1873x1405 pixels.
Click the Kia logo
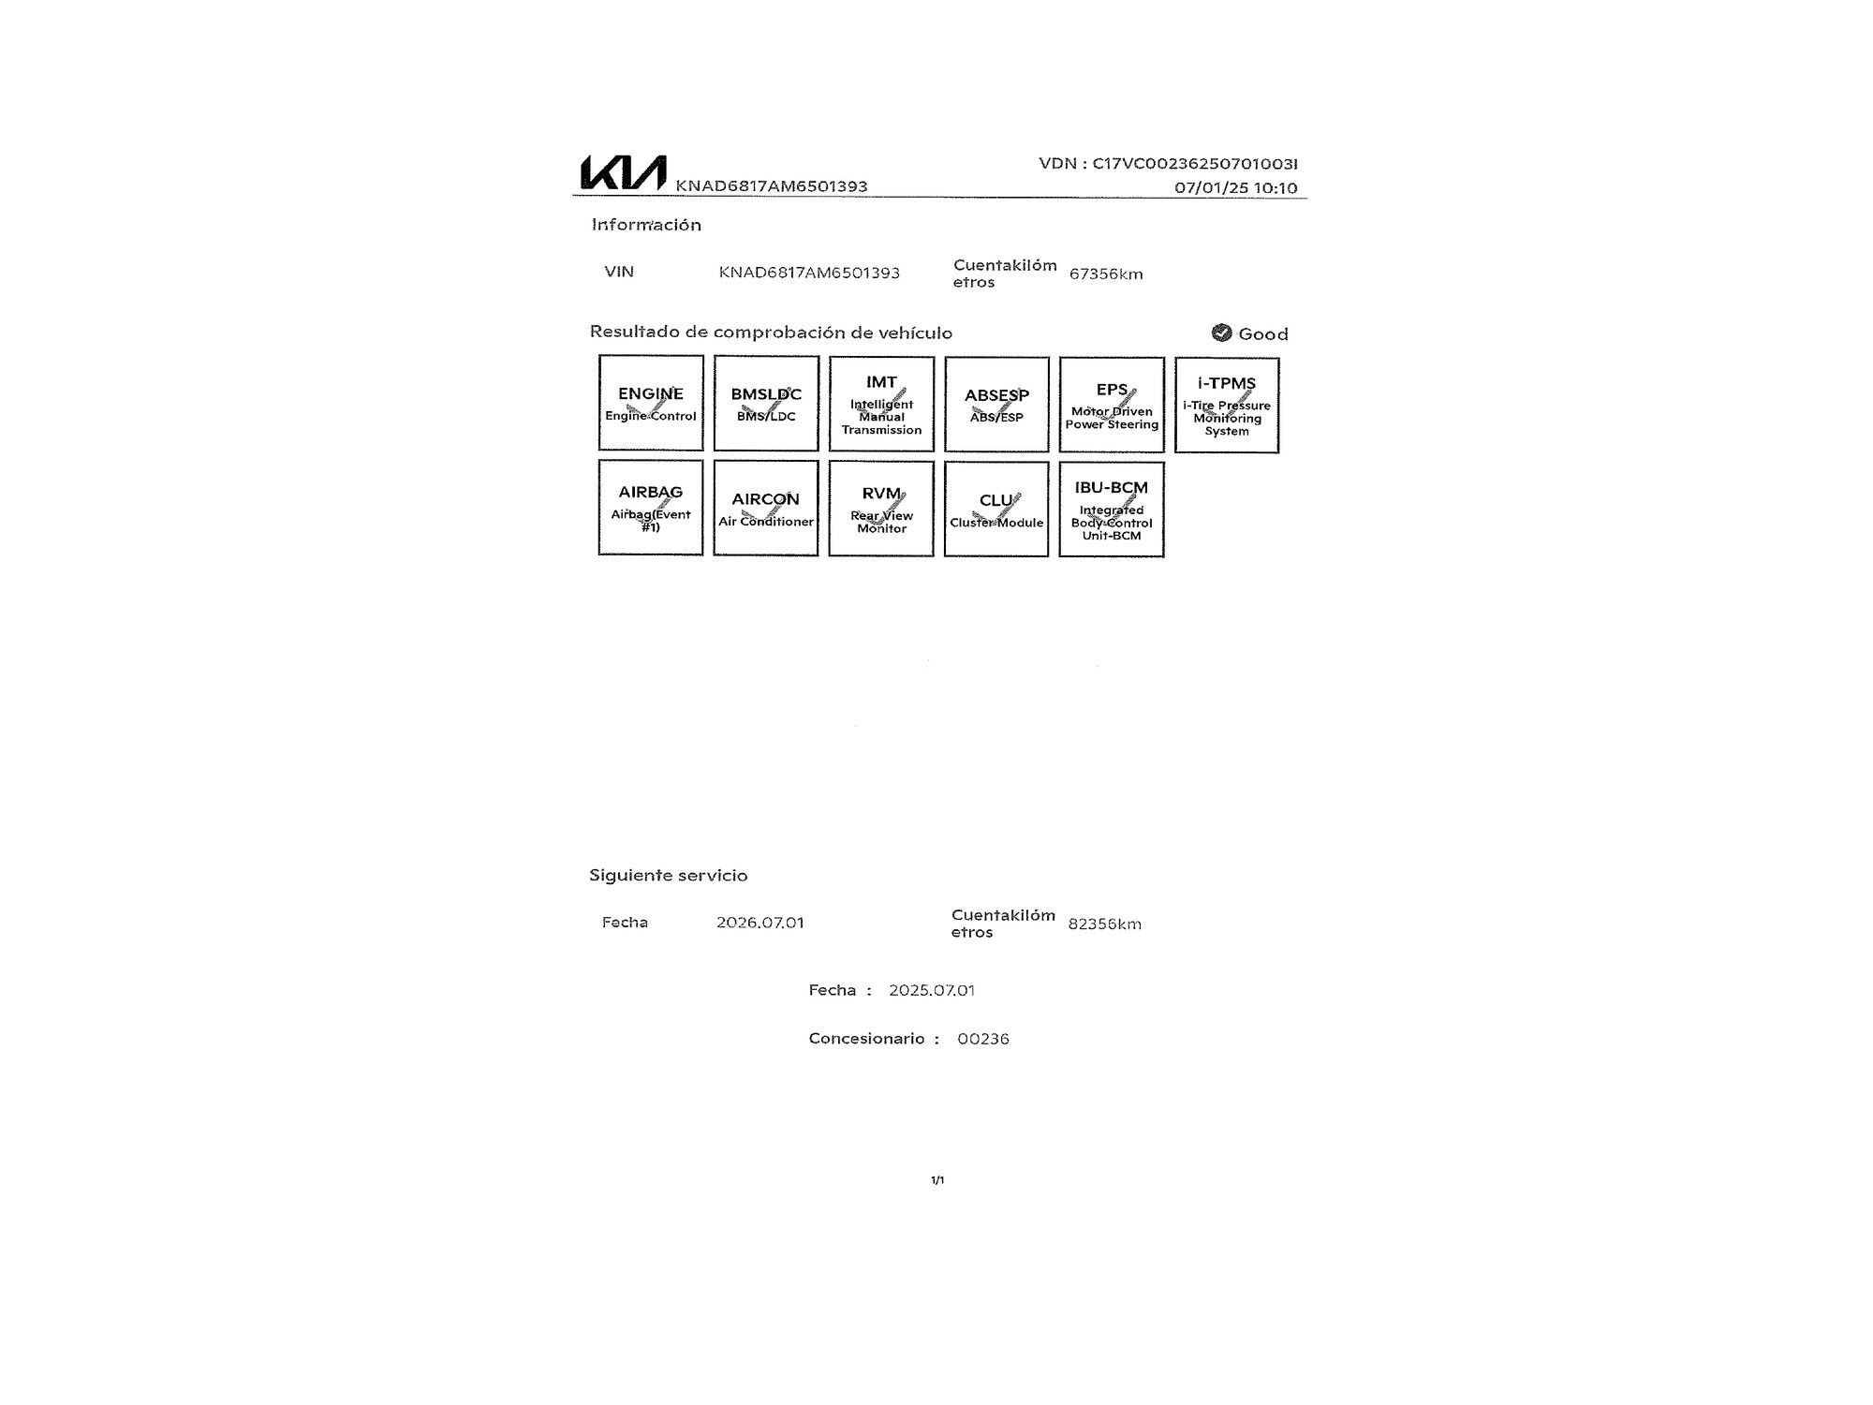[x=624, y=172]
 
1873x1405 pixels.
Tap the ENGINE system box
[x=651, y=403]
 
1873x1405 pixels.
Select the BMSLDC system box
[x=766, y=403]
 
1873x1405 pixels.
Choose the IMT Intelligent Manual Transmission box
[x=881, y=404]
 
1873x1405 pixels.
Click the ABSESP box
[x=996, y=404]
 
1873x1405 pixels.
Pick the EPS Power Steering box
[x=1112, y=405]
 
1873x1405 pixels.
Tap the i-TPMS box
[x=1227, y=405]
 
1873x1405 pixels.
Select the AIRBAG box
[x=651, y=507]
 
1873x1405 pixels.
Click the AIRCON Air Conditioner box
[x=766, y=508]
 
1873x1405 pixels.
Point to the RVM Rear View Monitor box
[x=881, y=508]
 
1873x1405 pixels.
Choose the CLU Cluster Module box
[x=996, y=509]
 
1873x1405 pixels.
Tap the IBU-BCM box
[x=1112, y=509]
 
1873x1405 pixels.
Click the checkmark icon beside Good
[x=1221, y=333]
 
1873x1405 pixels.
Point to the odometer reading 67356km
[x=1106, y=274]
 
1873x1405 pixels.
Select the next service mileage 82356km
[x=1105, y=924]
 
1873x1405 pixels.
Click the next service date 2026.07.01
[x=760, y=923]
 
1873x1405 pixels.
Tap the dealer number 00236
[x=983, y=1039]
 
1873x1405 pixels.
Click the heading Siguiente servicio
[x=669, y=876]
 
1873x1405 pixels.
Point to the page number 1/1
[x=937, y=1180]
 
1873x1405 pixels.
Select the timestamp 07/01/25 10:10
[x=1236, y=188]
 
